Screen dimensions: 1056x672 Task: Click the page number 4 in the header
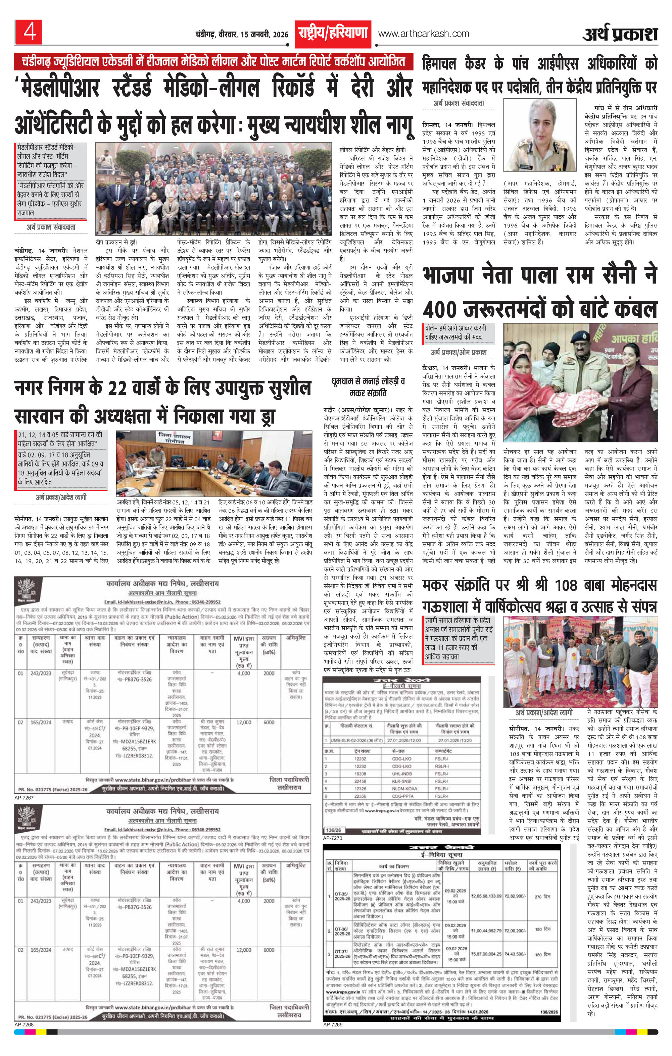point(29,33)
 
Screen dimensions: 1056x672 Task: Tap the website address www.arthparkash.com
point(423,34)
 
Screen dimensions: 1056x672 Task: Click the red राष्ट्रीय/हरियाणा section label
point(333,33)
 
